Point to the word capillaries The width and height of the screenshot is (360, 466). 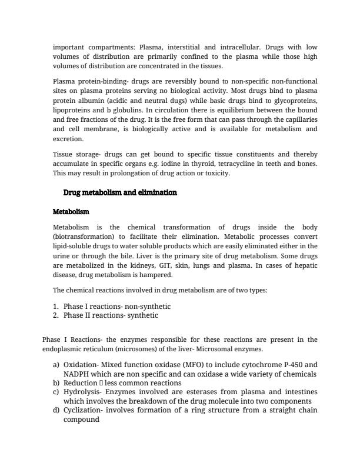click(296, 119)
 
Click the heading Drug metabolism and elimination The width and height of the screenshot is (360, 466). click(119, 193)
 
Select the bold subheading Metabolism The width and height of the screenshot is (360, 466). click(71, 211)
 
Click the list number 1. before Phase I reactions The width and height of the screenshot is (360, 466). click(56, 307)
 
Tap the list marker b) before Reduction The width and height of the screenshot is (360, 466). click(56, 383)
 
